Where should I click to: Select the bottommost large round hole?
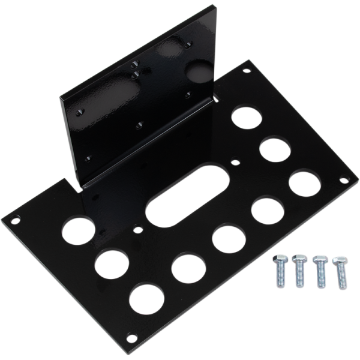click(146, 298)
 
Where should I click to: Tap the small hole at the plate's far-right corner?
click(344, 179)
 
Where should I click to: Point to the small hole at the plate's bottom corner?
click(131, 337)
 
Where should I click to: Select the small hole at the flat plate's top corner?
click(246, 71)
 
